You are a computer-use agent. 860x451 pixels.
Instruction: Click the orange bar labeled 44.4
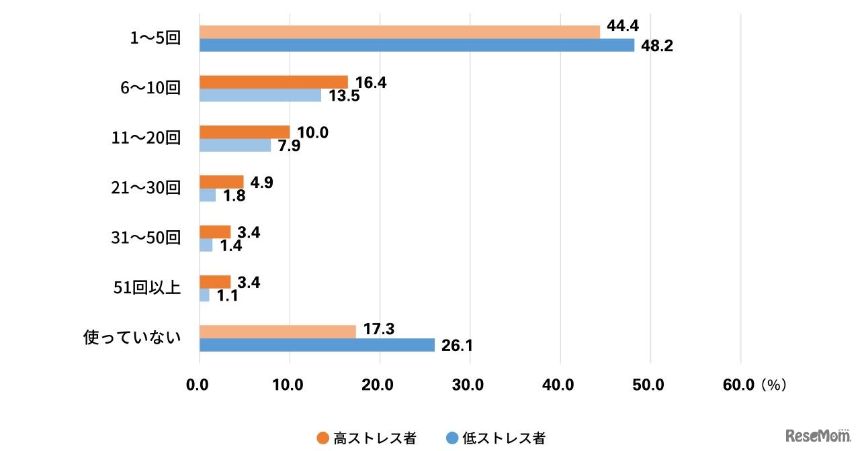coord(399,32)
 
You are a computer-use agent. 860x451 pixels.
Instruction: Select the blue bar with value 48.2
coord(417,45)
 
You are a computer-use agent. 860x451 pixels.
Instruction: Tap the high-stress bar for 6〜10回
coord(273,82)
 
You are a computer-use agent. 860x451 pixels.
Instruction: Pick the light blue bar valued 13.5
coord(260,95)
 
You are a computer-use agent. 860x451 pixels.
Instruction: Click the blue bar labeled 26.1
coord(316,345)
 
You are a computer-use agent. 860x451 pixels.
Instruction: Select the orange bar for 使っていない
coord(277,332)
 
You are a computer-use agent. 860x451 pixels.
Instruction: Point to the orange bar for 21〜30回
coord(221,182)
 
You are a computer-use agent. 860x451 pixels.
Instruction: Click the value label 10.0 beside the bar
coord(312,132)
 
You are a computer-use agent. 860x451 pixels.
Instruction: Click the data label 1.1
coord(228,295)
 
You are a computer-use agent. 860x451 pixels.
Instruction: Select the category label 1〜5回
coord(155,38)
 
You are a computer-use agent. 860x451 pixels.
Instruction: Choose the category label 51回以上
coord(148,289)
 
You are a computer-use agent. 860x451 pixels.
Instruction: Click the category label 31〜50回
coord(146,238)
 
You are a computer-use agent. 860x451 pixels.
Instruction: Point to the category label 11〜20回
coord(146,138)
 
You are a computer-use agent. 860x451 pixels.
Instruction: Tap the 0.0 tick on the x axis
coord(198,385)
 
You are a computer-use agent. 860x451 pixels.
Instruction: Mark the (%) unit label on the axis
coord(774,385)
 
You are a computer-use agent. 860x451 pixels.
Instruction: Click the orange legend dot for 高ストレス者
coord(322,438)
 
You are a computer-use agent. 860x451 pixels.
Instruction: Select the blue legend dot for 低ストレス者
coord(451,438)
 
